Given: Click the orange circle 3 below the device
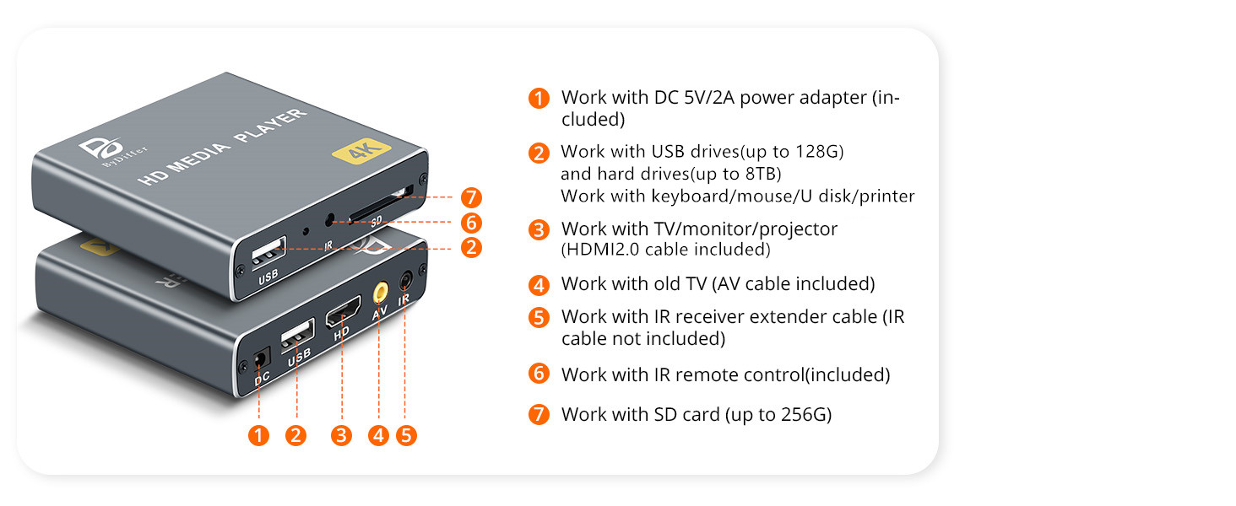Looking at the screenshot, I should click(341, 435).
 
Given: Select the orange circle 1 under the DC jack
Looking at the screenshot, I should click(259, 435).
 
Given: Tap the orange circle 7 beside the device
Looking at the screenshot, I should click(471, 198).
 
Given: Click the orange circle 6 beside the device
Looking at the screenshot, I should click(471, 223).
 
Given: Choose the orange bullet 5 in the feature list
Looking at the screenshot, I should click(539, 318).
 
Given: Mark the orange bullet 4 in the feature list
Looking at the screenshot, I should click(539, 284).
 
